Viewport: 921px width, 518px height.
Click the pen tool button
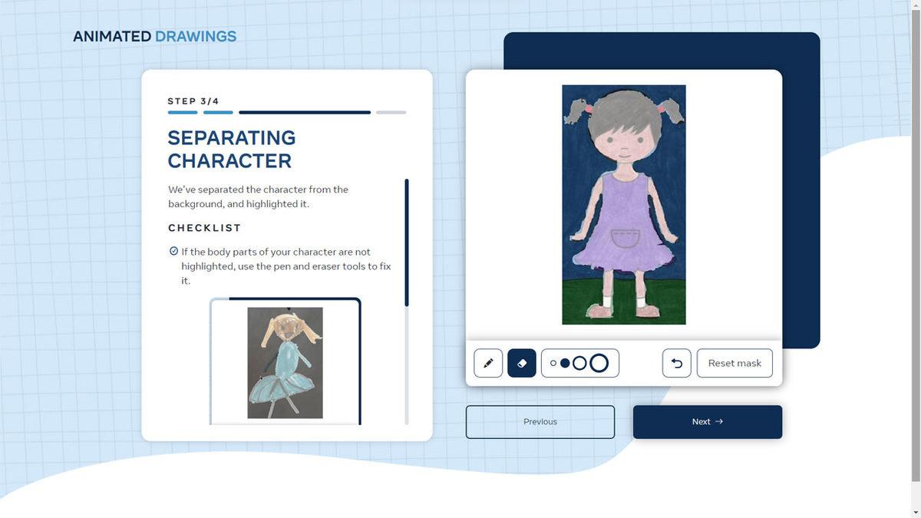coord(488,363)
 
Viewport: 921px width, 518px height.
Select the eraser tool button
coord(522,363)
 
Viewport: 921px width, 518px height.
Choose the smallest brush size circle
coord(553,364)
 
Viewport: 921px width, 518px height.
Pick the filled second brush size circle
coord(565,364)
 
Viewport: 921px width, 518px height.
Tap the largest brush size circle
coord(599,364)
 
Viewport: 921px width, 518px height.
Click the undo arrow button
coord(677,363)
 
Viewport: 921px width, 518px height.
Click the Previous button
coord(540,422)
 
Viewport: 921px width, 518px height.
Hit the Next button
coord(708,422)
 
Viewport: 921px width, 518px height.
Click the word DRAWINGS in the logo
coord(196,37)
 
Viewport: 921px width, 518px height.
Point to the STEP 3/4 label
coord(193,101)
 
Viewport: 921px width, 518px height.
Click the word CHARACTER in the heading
coord(229,160)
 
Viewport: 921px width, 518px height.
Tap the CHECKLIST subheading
coord(204,228)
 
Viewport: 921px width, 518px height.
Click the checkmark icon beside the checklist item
coord(173,251)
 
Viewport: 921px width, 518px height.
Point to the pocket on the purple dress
coord(625,239)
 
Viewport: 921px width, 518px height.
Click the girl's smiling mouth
coord(625,156)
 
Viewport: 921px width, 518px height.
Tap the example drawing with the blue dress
coord(285,362)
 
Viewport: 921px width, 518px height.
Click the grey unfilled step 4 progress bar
coord(391,112)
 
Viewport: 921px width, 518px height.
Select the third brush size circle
coord(579,364)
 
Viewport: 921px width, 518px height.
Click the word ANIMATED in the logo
coord(112,37)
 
